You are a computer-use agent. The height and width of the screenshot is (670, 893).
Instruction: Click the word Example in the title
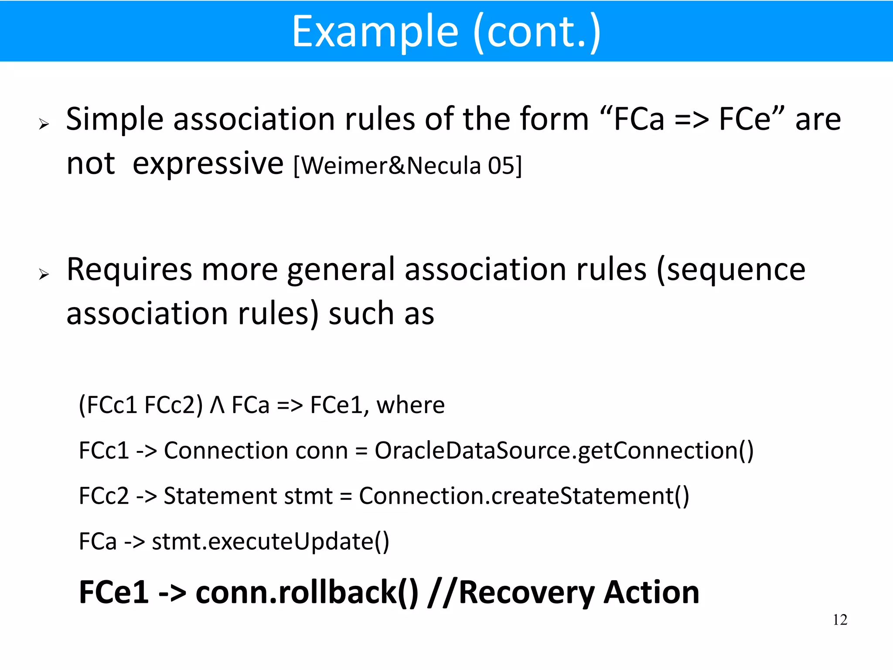pyautogui.click(x=375, y=31)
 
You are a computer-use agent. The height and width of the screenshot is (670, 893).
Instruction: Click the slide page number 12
pyautogui.click(x=840, y=620)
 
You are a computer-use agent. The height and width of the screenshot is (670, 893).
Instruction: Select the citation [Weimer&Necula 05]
pyautogui.click(x=407, y=166)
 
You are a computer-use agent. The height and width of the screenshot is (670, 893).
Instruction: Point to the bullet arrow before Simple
pyautogui.click(x=44, y=125)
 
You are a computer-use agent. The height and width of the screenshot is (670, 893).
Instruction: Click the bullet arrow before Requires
pyautogui.click(x=44, y=274)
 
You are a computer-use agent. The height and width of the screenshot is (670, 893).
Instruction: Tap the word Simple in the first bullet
pyautogui.click(x=114, y=120)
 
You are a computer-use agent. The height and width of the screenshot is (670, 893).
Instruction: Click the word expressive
pyautogui.click(x=208, y=164)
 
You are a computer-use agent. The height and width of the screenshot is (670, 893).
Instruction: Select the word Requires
pyautogui.click(x=129, y=270)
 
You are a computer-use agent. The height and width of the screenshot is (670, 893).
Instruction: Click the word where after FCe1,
pyautogui.click(x=410, y=405)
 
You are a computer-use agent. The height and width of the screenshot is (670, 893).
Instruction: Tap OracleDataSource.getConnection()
pyautogui.click(x=564, y=451)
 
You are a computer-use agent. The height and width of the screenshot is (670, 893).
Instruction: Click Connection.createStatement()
pyautogui.click(x=524, y=496)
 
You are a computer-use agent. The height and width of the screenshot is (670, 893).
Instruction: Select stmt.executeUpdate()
pyautogui.click(x=270, y=542)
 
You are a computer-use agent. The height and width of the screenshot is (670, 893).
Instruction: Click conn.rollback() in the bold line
pyautogui.click(x=307, y=592)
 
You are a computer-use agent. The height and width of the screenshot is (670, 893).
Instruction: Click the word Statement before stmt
pyautogui.click(x=220, y=496)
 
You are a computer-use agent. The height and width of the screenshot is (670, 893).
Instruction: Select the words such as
pyautogui.click(x=381, y=314)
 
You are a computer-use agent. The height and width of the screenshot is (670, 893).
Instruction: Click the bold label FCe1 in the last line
pyautogui.click(x=114, y=592)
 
